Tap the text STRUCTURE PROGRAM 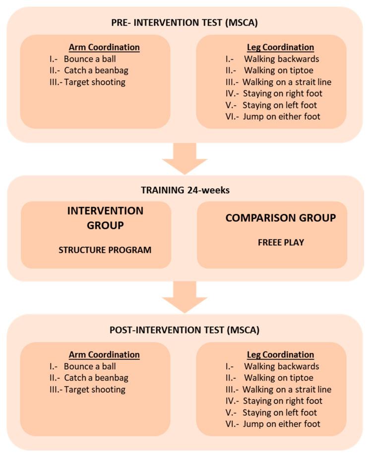click(105, 250)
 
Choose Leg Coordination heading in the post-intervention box click(281, 355)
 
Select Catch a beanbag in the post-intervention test click(96, 378)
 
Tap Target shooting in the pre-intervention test click(94, 82)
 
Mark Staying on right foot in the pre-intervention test click(282, 93)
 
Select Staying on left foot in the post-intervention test click(280, 412)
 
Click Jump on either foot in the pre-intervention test click(281, 116)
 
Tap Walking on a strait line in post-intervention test click(287, 390)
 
